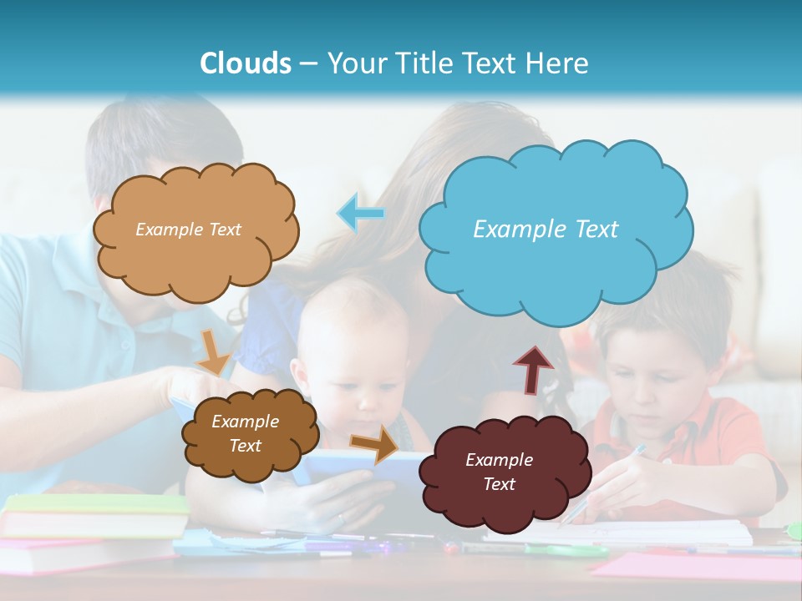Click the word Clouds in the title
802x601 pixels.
246,63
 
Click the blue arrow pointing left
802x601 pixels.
361,213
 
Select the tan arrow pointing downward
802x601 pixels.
213,351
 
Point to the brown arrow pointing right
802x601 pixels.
374,443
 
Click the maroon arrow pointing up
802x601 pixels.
533,369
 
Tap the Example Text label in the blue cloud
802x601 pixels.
546,229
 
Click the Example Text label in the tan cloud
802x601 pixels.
188,229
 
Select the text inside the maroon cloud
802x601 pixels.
499,472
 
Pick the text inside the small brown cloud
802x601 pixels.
245,433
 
